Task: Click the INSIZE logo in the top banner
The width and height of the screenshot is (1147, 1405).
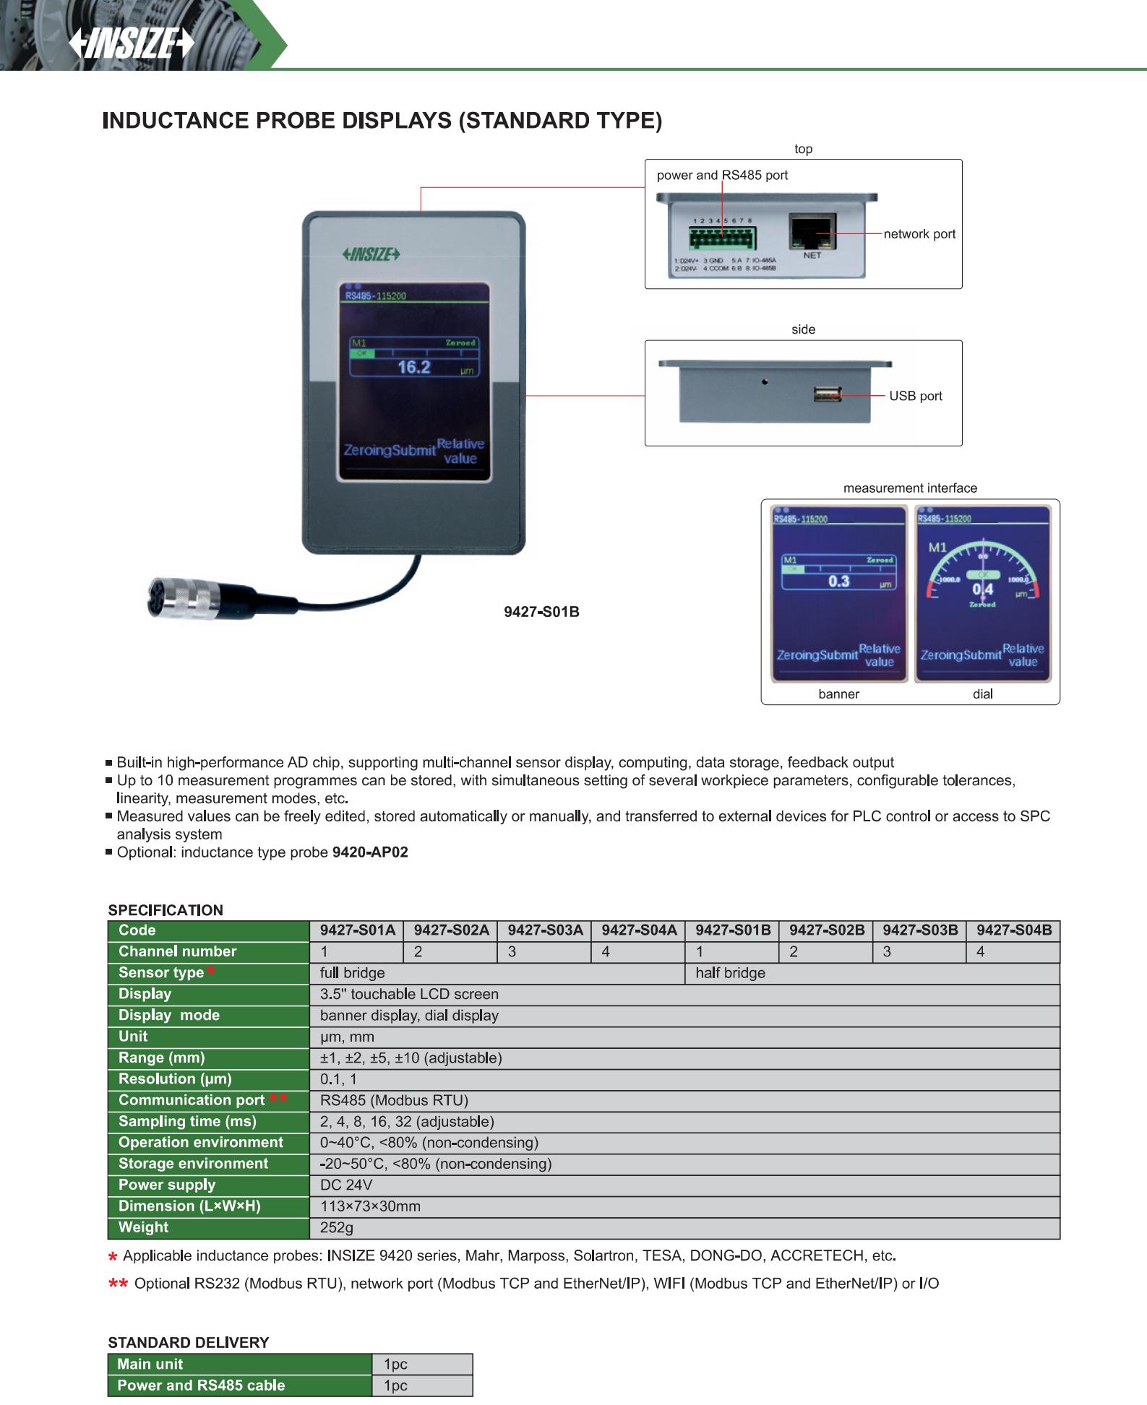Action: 132,46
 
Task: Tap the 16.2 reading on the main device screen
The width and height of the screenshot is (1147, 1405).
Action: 414,367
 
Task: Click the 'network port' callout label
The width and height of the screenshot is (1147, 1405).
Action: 919,234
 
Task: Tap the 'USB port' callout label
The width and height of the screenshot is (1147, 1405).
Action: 916,396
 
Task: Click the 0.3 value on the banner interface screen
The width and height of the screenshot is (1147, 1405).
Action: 838,582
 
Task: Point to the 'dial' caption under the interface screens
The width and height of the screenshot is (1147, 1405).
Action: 982,694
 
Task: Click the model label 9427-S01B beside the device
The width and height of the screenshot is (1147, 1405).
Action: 541,612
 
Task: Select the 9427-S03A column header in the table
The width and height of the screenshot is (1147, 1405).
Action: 545,930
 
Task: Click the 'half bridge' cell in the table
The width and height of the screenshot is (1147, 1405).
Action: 730,973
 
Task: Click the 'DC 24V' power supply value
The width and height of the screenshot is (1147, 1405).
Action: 346,1185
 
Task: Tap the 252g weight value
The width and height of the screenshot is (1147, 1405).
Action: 337,1227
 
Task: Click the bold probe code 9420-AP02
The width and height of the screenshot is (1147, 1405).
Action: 370,852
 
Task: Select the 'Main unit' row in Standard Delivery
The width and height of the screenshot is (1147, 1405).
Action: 150,1364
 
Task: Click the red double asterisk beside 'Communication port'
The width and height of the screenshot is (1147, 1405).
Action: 278,1098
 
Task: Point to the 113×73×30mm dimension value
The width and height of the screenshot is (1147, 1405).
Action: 370,1206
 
